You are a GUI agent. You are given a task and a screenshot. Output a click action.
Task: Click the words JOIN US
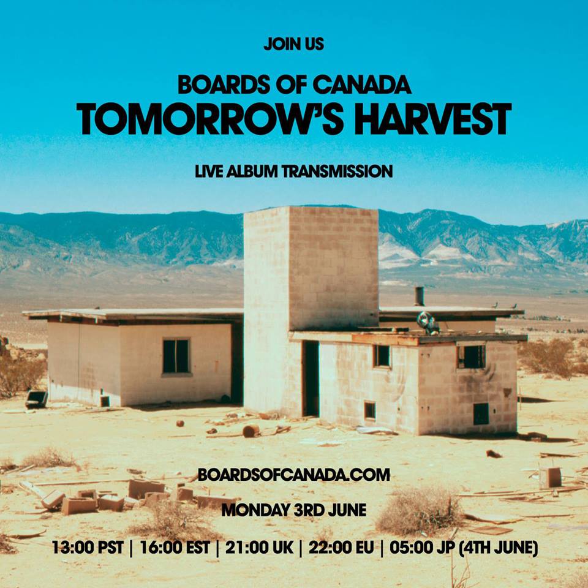pos(293,45)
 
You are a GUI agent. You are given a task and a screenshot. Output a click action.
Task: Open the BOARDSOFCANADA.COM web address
pos(293,475)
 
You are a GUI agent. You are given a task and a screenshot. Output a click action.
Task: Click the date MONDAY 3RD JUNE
pos(293,510)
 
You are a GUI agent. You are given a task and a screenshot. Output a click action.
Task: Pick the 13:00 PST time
pos(89,547)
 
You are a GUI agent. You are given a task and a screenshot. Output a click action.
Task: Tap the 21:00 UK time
pos(260,547)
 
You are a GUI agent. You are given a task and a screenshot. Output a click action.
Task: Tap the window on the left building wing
pos(176,356)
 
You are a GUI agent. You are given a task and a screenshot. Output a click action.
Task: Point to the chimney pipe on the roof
pos(420,296)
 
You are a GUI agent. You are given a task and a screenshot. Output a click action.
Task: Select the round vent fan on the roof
pos(428,322)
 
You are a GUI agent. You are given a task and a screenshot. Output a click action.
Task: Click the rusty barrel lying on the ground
pos(250,431)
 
